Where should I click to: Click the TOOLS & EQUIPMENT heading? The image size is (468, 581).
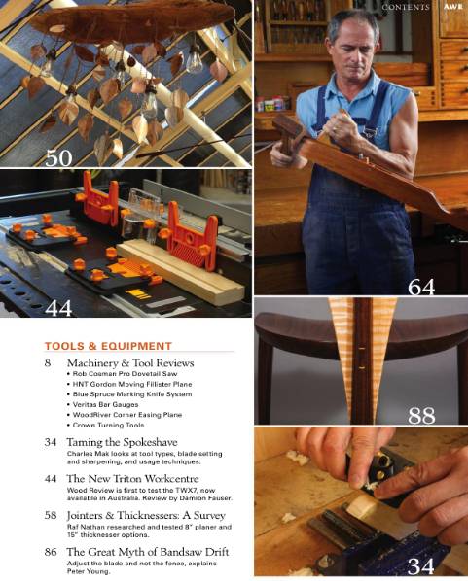[108, 346]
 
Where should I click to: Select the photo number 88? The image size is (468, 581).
[421, 416]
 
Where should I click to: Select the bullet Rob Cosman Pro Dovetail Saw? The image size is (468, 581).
[122, 374]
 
